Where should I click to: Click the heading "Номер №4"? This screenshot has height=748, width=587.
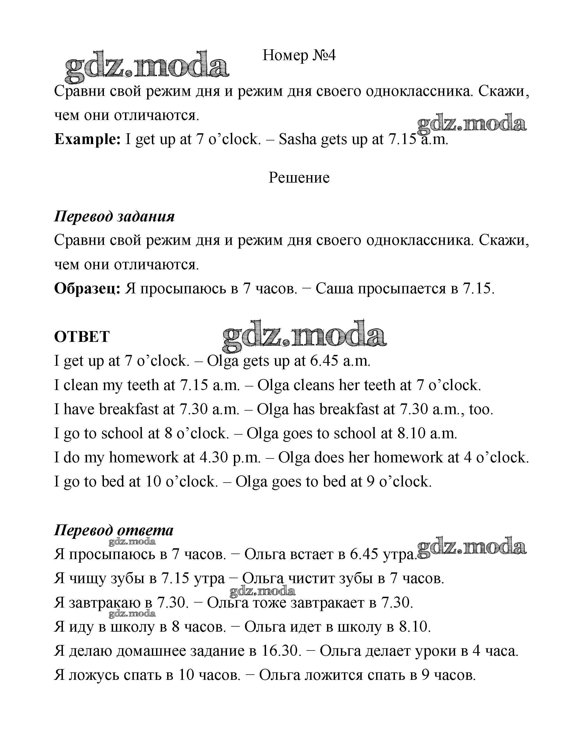[299, 55]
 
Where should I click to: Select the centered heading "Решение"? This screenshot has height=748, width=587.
[299, 178]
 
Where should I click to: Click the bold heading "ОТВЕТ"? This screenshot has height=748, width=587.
[82, 337]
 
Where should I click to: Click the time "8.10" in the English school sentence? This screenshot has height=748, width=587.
[412, 433]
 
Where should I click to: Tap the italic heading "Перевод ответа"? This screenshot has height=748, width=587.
[114, 531]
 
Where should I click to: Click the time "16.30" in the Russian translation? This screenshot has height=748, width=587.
[281, 651]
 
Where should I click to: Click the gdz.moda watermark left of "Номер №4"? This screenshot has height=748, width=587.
[147, 66]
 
